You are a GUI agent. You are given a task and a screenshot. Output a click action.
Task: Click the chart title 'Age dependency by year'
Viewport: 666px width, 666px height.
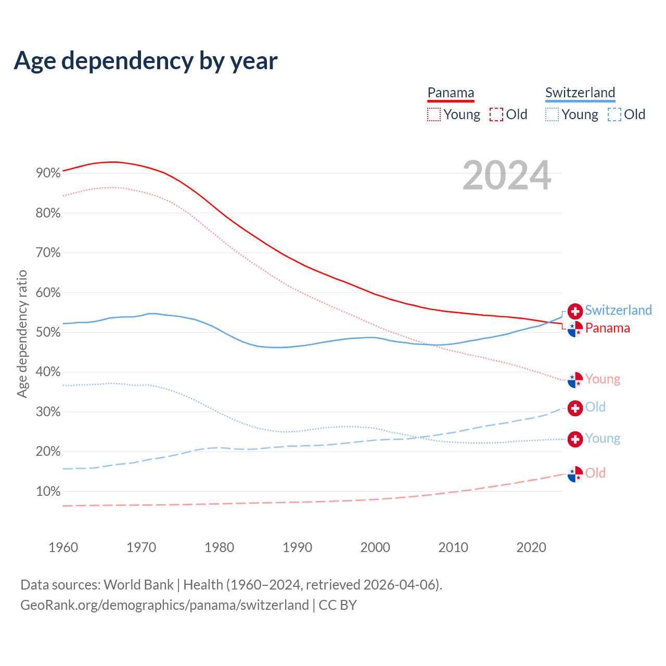pyautogui.click(x=146, y=61)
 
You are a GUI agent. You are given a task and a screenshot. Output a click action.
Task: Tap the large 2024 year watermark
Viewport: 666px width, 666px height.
pyautogui.click(x=507, y=176)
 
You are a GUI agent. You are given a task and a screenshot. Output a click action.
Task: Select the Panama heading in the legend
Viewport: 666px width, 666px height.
pyautogui.click(x=451, y=93)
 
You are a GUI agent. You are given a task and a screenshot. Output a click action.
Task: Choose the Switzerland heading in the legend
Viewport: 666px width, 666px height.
pyautogui.click(x=580, y=93)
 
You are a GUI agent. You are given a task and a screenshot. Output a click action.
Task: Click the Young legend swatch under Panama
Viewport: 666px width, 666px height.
pyautogui.click(x=433, y=114)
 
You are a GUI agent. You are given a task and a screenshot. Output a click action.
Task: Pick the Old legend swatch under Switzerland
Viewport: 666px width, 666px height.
pyautogui.click(x=614, y=114)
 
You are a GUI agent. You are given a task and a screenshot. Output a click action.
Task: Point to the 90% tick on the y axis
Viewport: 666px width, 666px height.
pyautogui.click(x=48, y=173)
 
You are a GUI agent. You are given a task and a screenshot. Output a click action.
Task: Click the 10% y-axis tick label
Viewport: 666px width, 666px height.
pyautogui.click(x=48, y=492)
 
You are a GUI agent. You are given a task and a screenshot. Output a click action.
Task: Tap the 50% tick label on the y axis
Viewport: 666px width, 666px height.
pyautogui.click(x=48, y=332)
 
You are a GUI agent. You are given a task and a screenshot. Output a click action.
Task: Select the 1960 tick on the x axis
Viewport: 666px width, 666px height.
pyautogui.click(x=63, y=547)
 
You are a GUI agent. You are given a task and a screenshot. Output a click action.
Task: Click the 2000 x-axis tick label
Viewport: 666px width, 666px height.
pyautogui.click(x=375, y=547)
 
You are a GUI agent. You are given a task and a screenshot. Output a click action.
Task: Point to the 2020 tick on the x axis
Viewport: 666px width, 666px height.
pyautogui.click(x=531, y=547)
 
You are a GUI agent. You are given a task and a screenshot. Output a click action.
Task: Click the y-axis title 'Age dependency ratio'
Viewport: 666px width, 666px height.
pyautogui.click(x=22, y=334)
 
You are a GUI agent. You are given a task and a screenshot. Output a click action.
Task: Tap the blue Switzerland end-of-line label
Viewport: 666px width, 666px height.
pyautogui.click(x=618, y=311)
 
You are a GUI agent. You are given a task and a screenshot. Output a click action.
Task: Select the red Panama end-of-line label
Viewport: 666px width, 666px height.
pyautogui.click(x=607, y=328)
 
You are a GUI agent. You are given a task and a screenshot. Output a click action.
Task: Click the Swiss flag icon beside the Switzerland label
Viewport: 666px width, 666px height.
pyautogui.click(x=575, y=311)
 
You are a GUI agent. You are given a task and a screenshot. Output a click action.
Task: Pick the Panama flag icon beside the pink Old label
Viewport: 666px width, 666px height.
pyautogui.click(x=575, y=474)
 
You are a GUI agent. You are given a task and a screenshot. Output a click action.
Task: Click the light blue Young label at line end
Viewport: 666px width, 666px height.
pyautogui.click(x=603, y=439)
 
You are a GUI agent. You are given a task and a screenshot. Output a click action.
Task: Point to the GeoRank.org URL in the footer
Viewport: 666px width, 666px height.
pyautogui.click(x=164, y=605)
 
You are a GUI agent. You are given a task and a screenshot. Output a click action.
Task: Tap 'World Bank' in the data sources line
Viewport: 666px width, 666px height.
pyautogui.click(x=138, y=585)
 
